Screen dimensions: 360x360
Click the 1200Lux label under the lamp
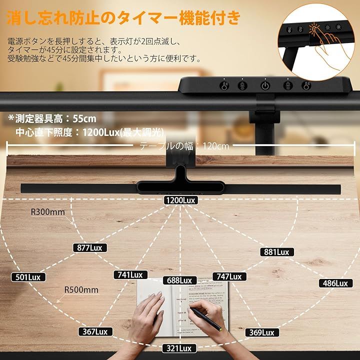point(180,200)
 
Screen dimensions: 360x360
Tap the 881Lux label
point(276,252)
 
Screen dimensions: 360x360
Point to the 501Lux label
point(28,277)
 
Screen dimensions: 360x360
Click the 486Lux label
point(334,283)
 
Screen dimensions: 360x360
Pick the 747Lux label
point(227,276)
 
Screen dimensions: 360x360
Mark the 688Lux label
point(180,280)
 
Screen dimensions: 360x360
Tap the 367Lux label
point(93,331)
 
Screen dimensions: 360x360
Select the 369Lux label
point(260,332)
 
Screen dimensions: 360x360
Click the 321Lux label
point(178,348)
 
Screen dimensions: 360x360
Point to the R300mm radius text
point(48,212)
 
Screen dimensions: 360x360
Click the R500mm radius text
point(81,290)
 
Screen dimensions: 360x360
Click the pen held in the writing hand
point(209,320)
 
